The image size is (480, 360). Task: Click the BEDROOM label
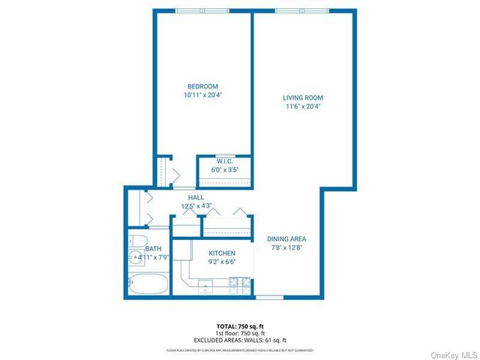tap(202, 85)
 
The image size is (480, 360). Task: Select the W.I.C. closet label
tap(224, 161)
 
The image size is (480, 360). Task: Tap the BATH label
tap(154, 248)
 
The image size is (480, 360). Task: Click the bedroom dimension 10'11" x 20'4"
tap(202, 95)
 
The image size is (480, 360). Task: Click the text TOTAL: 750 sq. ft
tap(240, 326)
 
